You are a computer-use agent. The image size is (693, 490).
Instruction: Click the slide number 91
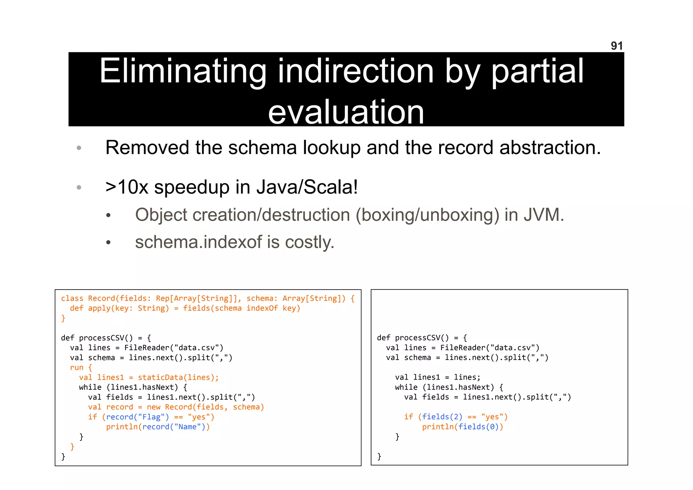(617, 46)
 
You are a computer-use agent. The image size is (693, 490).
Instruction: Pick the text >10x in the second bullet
(127, 187)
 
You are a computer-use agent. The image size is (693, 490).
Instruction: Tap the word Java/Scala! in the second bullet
(307, 187)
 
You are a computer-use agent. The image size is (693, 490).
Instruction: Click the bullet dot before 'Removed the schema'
(79, 148)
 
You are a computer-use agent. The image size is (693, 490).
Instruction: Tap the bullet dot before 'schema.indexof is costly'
(108, 242)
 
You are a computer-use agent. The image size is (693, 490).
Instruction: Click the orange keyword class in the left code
(72, 298)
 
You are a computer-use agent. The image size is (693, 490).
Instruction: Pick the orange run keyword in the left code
(76, 367)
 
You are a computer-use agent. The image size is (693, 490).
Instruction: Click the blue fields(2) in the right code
(442, 417)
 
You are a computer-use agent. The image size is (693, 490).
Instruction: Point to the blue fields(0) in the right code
(478, 427)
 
